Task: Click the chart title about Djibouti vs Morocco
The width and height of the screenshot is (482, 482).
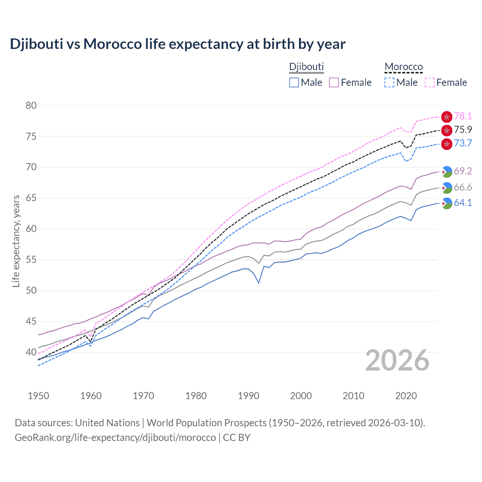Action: coord(177,44)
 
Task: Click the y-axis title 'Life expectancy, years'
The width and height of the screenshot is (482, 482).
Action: coord(16,241)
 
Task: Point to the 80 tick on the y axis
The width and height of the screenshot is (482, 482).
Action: coord(31,105)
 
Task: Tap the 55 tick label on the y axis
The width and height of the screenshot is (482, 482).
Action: coord(31,260)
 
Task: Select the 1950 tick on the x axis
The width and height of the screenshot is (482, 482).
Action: coord(38,396)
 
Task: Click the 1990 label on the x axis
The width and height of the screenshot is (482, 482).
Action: coord(249,396)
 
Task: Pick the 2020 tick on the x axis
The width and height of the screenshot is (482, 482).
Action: coord(406,396)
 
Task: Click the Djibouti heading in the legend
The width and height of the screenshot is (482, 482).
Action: coord(306,67)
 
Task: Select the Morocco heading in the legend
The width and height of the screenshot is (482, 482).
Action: coord(403,67)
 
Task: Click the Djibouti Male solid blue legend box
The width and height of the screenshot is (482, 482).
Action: coord(294,82)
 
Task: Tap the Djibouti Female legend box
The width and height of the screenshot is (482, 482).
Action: coord(334,82)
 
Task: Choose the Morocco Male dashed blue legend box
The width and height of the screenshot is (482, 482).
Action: coord(389,82)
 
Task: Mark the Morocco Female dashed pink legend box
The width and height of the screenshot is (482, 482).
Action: coord(429,82)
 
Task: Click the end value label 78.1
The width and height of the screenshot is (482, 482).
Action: coord(463,116)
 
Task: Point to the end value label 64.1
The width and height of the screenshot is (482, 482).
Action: coord(463,203)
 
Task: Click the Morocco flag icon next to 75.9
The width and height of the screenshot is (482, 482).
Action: coord(447,130)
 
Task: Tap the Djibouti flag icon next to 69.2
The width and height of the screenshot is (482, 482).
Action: coord(447,171)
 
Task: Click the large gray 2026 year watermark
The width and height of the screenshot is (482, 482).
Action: coord(397,360)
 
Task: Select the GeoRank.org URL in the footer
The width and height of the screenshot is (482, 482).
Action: coord(115,438)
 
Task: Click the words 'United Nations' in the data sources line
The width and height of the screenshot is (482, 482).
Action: coord(107,423)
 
